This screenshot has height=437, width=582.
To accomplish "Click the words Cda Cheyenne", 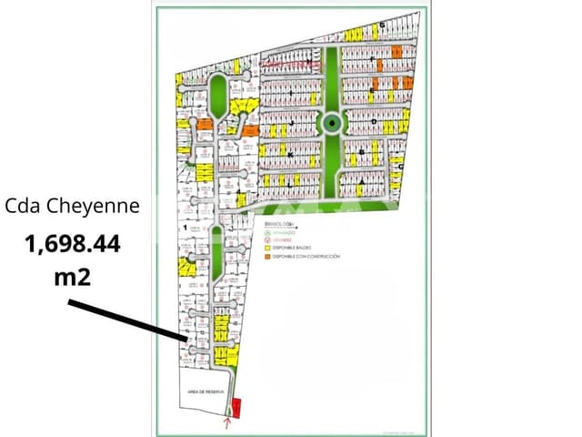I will coord(73,206).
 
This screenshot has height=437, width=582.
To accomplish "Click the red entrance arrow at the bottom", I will coord(227,422).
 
